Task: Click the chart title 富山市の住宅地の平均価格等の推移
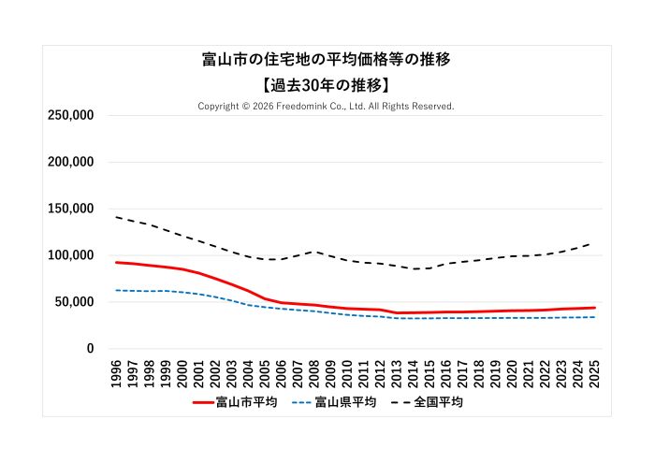327,60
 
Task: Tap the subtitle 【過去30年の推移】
327,85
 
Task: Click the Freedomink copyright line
327,107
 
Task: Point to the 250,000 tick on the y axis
71,115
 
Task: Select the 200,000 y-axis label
71,162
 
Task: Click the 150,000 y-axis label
71,209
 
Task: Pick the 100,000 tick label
71,255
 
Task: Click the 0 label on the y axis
90,349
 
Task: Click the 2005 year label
265,371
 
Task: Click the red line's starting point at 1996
117,263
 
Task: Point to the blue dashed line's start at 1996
117,290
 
